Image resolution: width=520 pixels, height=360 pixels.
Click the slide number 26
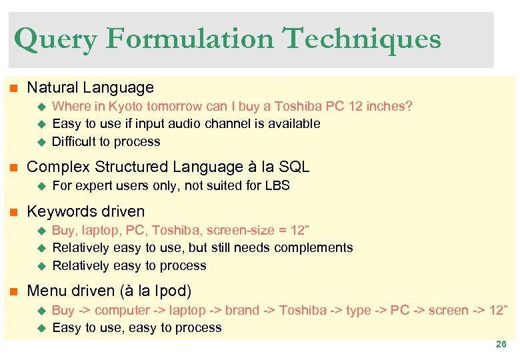(x=501, y=345)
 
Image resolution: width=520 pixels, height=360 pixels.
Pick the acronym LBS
(x=277, y=185)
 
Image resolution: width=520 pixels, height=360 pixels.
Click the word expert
(x=89, y=185)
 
